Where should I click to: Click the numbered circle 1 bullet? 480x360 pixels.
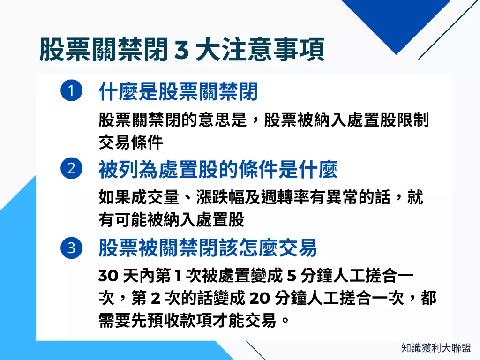tap(71, 91)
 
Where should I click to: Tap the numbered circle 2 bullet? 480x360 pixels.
tap(71, 169)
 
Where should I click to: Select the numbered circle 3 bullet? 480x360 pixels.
tap(71, 247)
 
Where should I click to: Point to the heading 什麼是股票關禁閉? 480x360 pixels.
tap(179, 92)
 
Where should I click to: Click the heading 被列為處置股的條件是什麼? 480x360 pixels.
tap(218, 170)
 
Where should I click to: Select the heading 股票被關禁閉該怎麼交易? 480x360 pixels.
tap(208, 247)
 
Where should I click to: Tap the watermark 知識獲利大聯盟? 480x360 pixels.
tap(436, 348)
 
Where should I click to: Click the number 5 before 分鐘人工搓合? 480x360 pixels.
tap(291, 276)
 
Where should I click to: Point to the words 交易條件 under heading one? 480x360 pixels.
tap(131, 142)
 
